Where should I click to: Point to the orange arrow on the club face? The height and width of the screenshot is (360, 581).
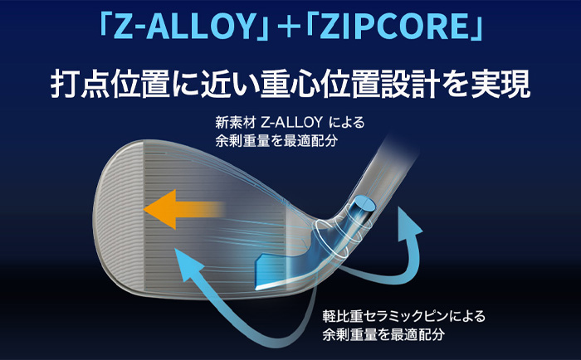(x=183, y=210)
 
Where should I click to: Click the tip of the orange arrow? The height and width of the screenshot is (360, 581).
(x=144, y=210)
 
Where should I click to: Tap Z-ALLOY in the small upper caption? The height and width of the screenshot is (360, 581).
(x=291, y=122)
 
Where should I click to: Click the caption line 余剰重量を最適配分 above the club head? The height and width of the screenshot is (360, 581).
(x=276, y=141)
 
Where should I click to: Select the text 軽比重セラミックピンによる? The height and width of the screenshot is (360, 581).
(x=403, y=317)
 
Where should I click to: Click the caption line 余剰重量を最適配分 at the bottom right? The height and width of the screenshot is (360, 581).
(x=383, y=335)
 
